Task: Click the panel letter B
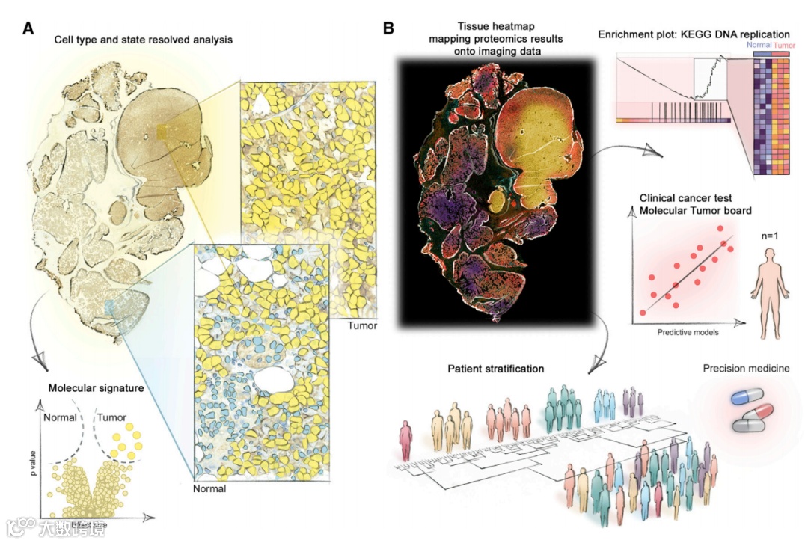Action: tap(388, 29)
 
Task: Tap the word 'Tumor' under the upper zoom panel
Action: tap(363, 326)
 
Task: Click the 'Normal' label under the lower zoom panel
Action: tap(209, 489)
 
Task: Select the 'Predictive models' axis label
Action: tap(688, 332)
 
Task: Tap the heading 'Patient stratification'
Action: tap(495, 369)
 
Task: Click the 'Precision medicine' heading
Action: tap(746, 369)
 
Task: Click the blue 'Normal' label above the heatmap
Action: tap(760, 45)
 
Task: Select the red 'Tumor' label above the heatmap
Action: tap(784, 45)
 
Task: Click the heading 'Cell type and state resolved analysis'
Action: tap(143, 39)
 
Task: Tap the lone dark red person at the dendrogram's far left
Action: tap(405, 440)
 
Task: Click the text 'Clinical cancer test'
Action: tap(685, 199)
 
